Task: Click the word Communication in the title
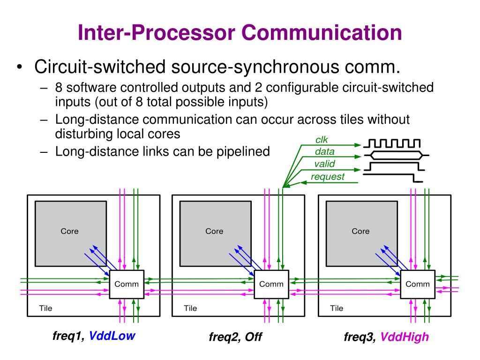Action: (x=322, y=32)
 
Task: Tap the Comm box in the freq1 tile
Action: (x=127, y=285)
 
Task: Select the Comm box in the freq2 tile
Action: (x=271, y=285)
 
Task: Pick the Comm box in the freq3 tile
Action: (x=418, y=285)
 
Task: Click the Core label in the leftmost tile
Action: (x=69, y=231)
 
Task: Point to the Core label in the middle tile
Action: (x=214, y=231)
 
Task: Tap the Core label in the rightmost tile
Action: (x=360, y=231)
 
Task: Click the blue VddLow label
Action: (x=112, y=336)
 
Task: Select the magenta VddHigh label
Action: (x=405, y=337)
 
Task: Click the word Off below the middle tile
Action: (x=254, y=337)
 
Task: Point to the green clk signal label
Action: (x=322, y=140)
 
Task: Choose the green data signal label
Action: (x=324, y=151)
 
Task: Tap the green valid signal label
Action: (x=324, y=164)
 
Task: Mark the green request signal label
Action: (x=328, y=177)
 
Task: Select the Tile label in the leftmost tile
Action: (x=45, y=308)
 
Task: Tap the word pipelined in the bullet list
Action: (x=243, y=151)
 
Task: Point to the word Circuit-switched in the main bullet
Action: (x=100, y=67)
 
